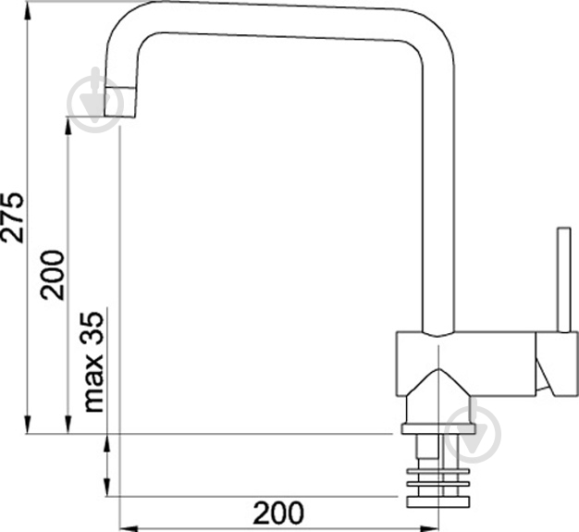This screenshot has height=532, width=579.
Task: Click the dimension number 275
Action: (12, 217)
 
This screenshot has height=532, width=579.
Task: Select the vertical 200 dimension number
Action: (53, 275)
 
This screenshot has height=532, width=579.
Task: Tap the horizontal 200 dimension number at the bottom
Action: (278, 513)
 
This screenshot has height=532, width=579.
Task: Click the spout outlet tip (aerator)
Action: (119, 103)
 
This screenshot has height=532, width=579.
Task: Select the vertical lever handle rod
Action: (564, 279)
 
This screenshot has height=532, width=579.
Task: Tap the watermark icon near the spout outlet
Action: (94, 100)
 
